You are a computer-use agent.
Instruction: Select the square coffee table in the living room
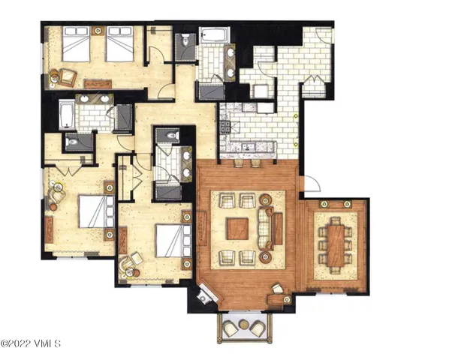pos(237,228)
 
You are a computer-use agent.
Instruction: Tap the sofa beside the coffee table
pos(266,227)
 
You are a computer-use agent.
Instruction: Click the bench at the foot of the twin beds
pos(98,83)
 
